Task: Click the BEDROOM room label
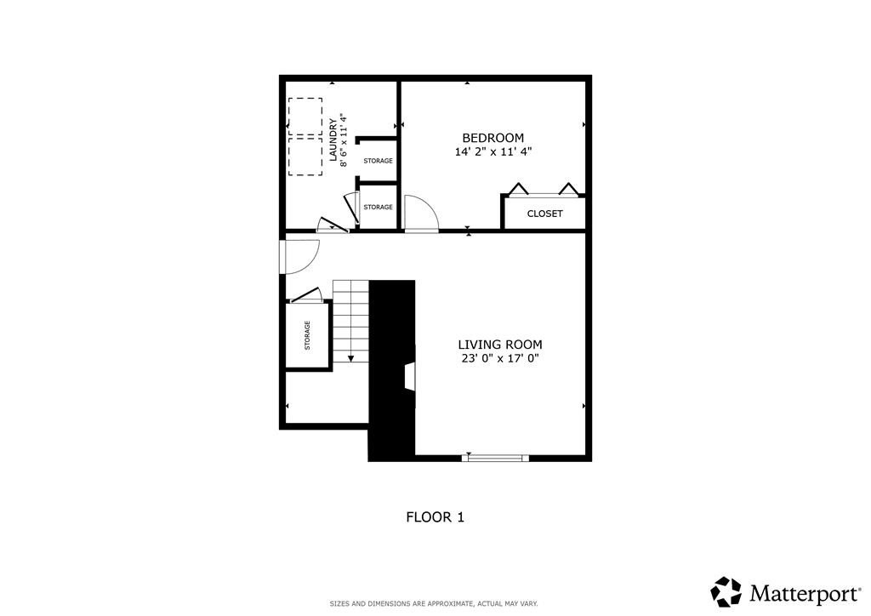click(x=492, y=138)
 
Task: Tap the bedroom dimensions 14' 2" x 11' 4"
click(x=492, y=152)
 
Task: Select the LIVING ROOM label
click(x=499, y=345)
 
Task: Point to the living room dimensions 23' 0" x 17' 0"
click(x=499, y=358)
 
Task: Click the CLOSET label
click(x=544, y=214)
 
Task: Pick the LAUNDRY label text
click(x=333, y=140)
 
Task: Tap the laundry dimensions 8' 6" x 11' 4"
click(x=344, y=140)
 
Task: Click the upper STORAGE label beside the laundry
click(x=378, y=161)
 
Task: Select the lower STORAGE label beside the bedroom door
click(x=378, y=207)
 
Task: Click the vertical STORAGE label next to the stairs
click(x=307, y=335)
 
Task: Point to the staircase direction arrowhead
click(x=350, y=359)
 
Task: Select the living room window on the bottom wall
click(x=494, y=458)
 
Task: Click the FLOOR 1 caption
click(x=435, y=516)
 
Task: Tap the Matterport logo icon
click(x=726, y=591)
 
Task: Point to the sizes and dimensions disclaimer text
click(x=434, y=603)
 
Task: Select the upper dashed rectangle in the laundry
click(x=305, y=117)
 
